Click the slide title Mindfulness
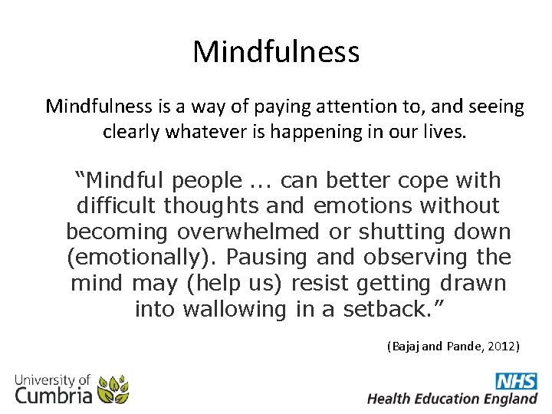click(276, 52)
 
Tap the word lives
click(443, 131)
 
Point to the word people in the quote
click(207, 181)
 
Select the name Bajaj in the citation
click(406, 347)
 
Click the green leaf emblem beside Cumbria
click(113, 389)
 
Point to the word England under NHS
click(509, 399)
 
